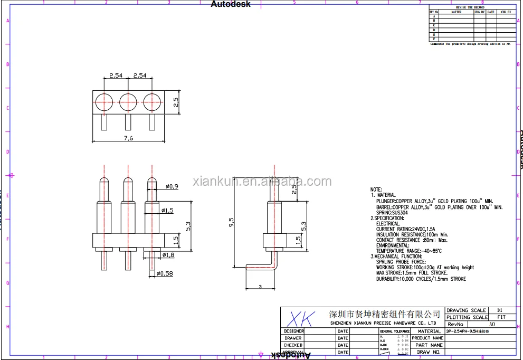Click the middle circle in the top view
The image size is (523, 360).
[x=128, y=101]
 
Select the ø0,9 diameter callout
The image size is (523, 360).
[x=172, y=186]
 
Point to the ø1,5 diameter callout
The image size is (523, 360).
[x=168, y=211]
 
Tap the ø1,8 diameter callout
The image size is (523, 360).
[x=168, y=255]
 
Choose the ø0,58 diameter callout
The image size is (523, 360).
[x=166, y=273]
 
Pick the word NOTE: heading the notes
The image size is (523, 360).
[x=376, y=189]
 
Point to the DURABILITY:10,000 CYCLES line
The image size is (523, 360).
[x=421, y=279]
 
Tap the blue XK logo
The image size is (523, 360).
[x=300, y=318]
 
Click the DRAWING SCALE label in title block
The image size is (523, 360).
[x=466, y=310]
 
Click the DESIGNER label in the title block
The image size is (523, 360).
[x=293, y=331]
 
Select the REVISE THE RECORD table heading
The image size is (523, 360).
[x=469, y=7]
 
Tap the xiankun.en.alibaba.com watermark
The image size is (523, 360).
[x=262, y=182]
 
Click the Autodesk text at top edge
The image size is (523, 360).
[x=231, y=4]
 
